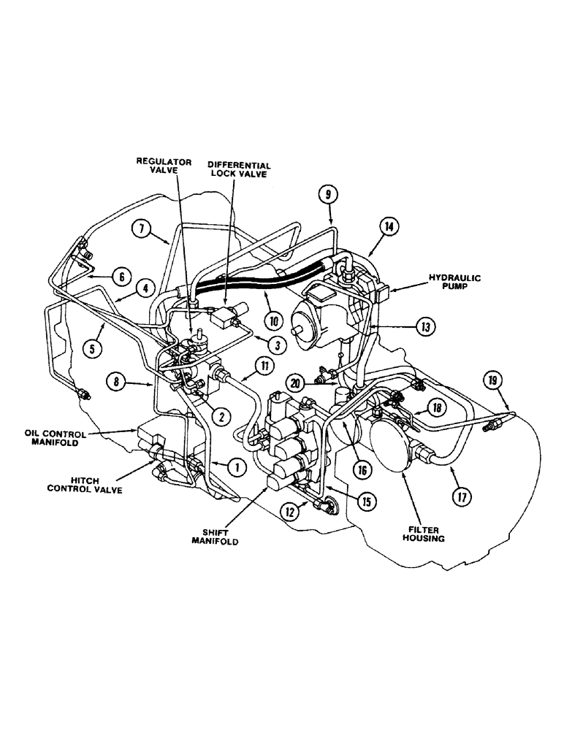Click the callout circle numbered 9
click(328, 195)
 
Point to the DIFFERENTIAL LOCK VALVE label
click(239, 171)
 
